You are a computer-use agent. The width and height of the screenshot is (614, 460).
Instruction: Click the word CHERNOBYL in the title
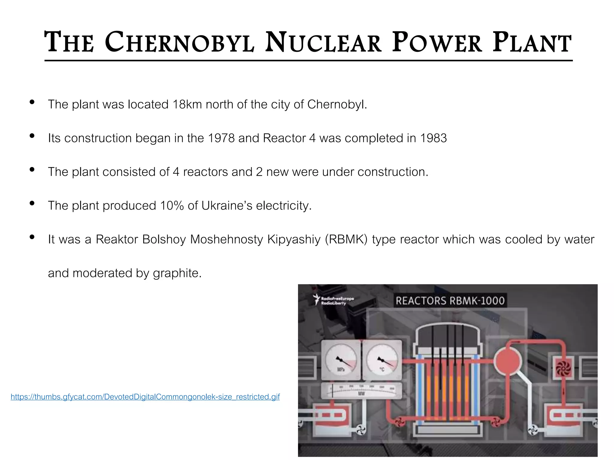click(x=179, y=42)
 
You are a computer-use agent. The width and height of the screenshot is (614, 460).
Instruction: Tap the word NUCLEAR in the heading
click(x=323, y=42)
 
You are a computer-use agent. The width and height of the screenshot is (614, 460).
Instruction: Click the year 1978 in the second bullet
click(x=221, y=138)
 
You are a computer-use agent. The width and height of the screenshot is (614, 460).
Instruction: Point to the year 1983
click(x=433, y=138)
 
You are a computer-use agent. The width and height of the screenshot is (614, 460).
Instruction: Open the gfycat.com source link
click(x=145, y=397)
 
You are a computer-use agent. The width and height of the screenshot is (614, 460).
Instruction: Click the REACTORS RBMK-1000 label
click(x=450, y=300)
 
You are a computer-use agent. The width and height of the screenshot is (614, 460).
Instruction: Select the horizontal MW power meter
click(x=362, y=391)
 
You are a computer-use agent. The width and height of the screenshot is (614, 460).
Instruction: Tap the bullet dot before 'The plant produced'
click(x=32, y=204)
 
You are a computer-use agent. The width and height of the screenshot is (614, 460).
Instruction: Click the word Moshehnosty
click(x=226, y=240)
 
